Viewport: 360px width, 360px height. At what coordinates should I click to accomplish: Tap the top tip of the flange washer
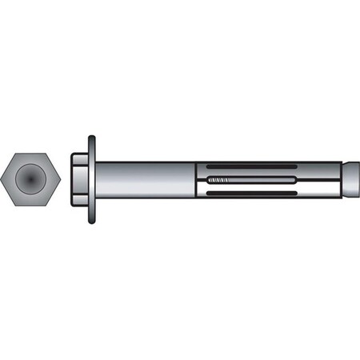(91, 138)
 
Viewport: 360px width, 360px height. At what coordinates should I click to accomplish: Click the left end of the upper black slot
(209, 169)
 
